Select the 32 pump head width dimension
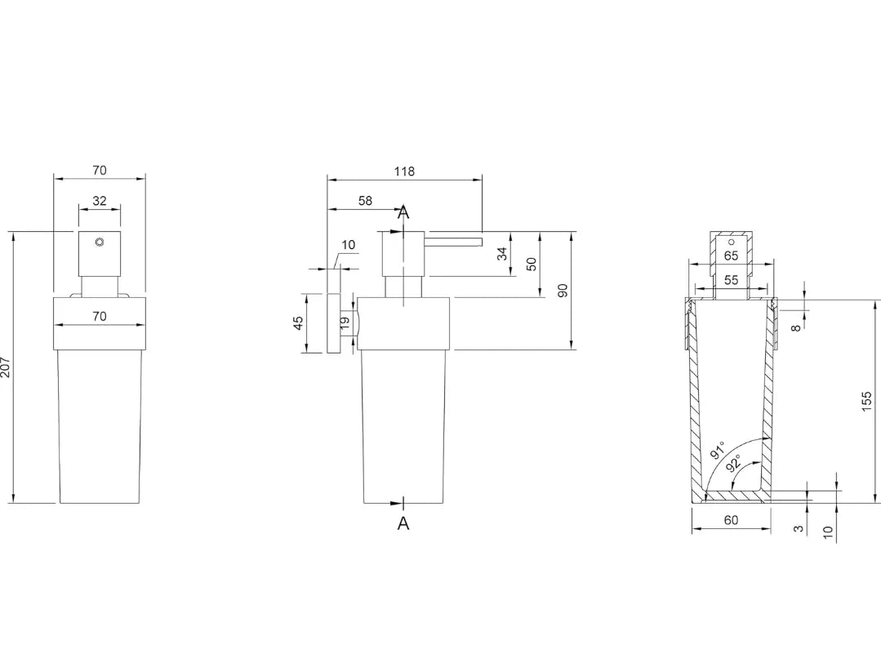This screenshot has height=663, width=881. pos(100,200)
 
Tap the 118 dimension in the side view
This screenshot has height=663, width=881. pos(404,171)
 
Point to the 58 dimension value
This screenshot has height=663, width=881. pos(365,201)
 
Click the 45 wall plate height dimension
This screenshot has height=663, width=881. pos(298,323)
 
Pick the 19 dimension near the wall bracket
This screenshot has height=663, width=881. pos(345,322)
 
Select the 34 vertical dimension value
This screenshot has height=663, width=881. pos(502,253)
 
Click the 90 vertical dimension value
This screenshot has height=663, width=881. pos(563,291)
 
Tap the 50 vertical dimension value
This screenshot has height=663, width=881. pos(532,264)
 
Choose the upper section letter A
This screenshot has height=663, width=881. pos(403,212)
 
